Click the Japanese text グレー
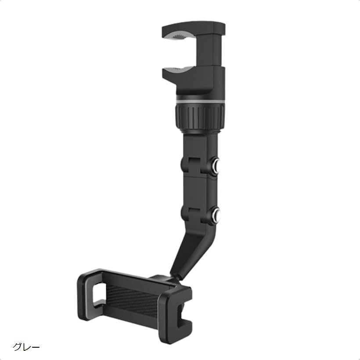pyautogui.click(x=26, y=346)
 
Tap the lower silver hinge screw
pyautogui.click(x=216, y=215)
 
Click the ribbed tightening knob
pyautogui.click(x=200, y=118)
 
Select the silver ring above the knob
pyautogui.click(x=200, y=102)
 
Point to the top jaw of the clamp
pyautogui.click(x=193, y=32)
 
